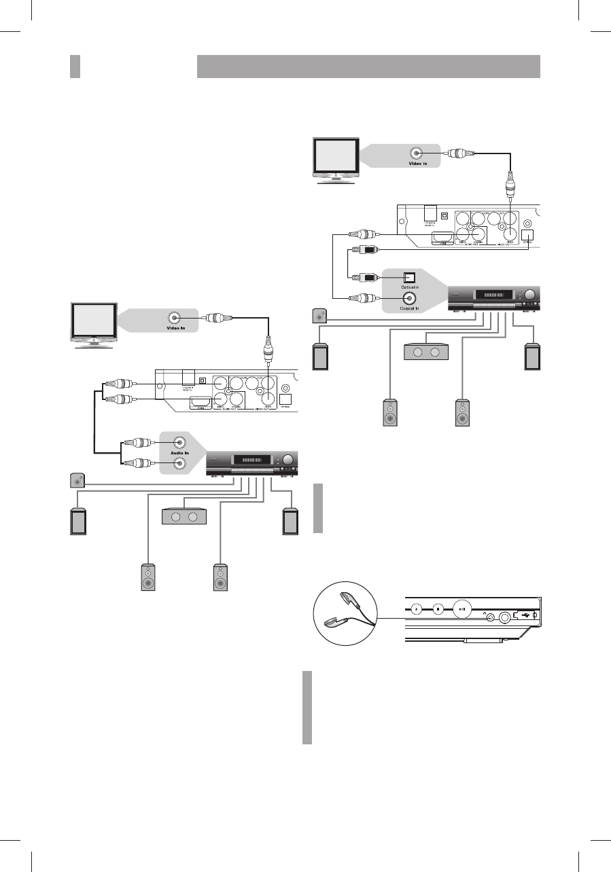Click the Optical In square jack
(410, 278)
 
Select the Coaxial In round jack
(410, 297)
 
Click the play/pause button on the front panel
(462, 609)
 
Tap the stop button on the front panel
(438, 609)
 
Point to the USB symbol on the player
(524, 615)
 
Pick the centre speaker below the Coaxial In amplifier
(426, 352)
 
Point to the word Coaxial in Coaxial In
(407, 306)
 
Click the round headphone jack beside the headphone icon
(505, 618)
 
